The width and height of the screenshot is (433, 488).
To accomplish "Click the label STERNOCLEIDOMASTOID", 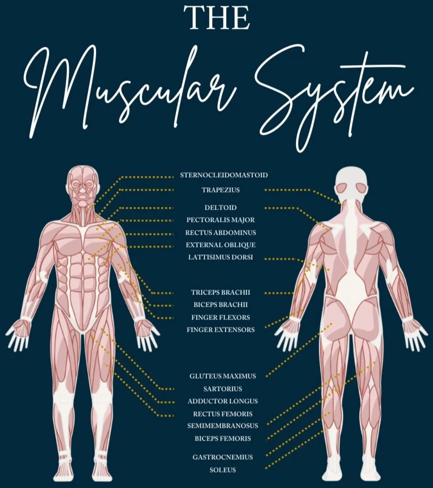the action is [x=223, y=175].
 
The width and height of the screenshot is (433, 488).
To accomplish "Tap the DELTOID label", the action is [x=220, y=207].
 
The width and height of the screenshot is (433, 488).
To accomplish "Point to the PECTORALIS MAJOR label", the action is [x=221, y=220].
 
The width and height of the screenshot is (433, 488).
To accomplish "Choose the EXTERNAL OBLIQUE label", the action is [x=221, y=245].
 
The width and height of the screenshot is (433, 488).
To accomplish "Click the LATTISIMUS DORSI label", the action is [x=220, y=257].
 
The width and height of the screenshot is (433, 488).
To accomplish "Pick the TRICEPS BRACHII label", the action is [x=221, y=292].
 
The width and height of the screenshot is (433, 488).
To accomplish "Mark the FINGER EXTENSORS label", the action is [x=221, y=330].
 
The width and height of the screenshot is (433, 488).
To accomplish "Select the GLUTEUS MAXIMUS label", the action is [x=222, y=376].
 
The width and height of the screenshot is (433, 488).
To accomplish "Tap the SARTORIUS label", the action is [x=222, y=389].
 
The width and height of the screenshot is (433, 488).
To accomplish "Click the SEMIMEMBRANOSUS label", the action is [x=222, y=426].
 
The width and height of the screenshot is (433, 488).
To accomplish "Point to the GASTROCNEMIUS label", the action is [x=222, y=457].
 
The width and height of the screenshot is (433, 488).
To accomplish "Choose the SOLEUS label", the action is [x=222, y=470].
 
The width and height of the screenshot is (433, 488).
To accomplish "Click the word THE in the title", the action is [x=217, y=18].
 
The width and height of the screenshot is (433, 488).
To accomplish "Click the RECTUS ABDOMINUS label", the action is [x=221, y=233].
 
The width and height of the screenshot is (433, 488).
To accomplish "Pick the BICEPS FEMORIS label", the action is [x=222, y=438].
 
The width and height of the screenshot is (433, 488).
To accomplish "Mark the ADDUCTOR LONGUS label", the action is [x=222, y=401].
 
